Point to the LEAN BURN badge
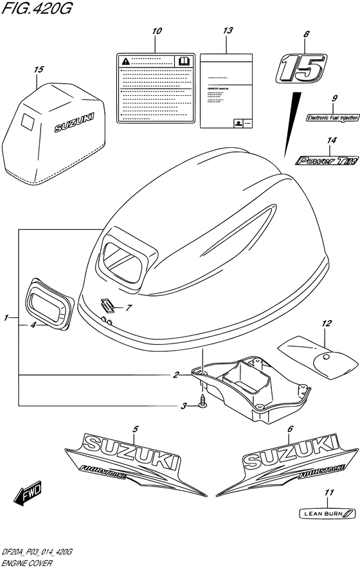point(328,513)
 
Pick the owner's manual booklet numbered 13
point(224,93)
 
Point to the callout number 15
point(40,69)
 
